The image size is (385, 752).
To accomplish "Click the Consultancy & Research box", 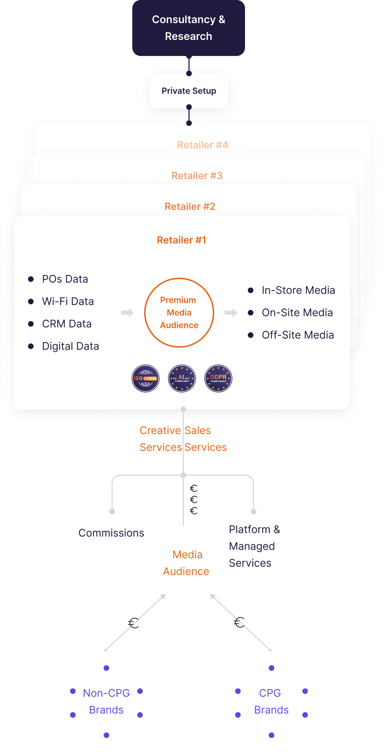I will pyautogui.click(x=188, y=28).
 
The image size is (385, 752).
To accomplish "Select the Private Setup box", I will pyautogui.click(x=189, y=91).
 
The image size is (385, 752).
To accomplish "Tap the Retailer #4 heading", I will pyautogui.click(x=202, y=145).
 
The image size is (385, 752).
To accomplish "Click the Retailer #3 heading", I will pyautogui.click(x=197, y=176).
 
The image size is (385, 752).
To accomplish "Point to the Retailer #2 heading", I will pyautogui.click(x=190, y=206).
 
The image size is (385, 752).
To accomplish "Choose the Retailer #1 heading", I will pyautogui.click(x=181, y=240).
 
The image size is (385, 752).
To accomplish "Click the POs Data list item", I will pyautogui.click(x=65, y=279).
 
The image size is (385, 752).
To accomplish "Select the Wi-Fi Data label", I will pyautogui.click(x=68, y=301).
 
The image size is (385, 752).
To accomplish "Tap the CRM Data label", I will pyautogui.click(x=66, y=324).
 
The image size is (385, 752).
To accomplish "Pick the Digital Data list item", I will pyautogui.click(x=70, y=346).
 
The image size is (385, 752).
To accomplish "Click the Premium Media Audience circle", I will pyautogui.click(x=179, y=313).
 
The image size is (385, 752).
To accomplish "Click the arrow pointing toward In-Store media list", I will pyautogui.click(x=231, y=312).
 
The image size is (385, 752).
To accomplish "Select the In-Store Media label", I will pyautogui.click(x=298, y=290).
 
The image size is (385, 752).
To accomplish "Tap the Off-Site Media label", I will pyautogui.click(x=297, y=335).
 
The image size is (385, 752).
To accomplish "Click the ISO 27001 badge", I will pyautogui.click(x=146, y=378).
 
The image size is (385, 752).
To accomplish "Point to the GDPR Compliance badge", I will pyautogui.click(x=218, y=378).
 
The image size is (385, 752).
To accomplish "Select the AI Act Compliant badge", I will pyautogui.click(x=182, y=378).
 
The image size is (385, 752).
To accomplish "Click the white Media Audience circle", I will pyautogui.click(x=186, y=563).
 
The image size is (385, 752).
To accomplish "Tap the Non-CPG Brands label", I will pyautogui.click(x=106, y=701).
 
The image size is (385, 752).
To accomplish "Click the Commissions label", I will pyautogui.click(x=111, y=533).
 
